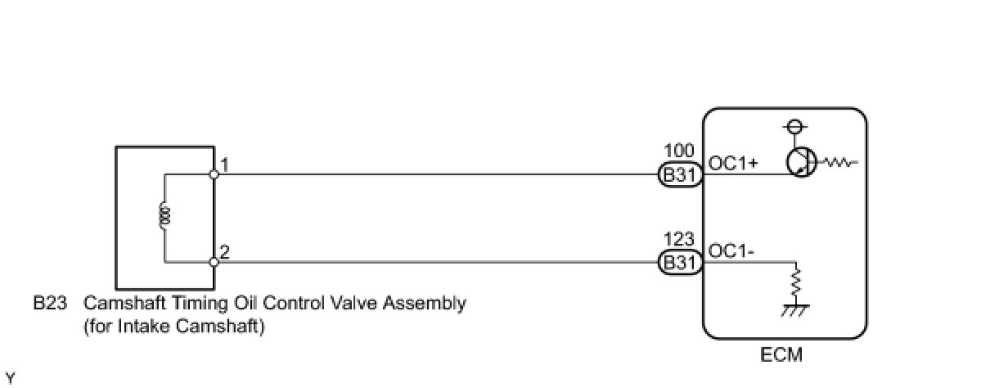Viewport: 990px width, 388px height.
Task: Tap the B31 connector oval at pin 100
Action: click(x=679, y=174)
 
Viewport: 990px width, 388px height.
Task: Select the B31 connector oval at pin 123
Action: click(x=679, y=262)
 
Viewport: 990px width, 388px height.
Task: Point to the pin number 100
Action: click(x=680, y=151)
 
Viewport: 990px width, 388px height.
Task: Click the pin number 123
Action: click(x=680, y=240)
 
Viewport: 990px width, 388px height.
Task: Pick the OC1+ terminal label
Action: click(x=734, y=163)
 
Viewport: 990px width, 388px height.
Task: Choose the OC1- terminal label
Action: click(x=731, y=251)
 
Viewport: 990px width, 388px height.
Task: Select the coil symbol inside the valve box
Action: click(x=164, y=217)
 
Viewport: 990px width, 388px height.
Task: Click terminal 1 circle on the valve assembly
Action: click(x=214, y=174)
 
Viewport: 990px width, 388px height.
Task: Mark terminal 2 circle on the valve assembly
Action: click(x=214, y=262)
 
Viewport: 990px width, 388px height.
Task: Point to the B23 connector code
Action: click(x=49, y=304)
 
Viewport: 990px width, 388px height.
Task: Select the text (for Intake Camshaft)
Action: click(x=174, y=327)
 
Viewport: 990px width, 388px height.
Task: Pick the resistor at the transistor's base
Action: click(x=838, y=163)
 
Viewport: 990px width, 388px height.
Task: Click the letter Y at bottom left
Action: click(x=10, y=377)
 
